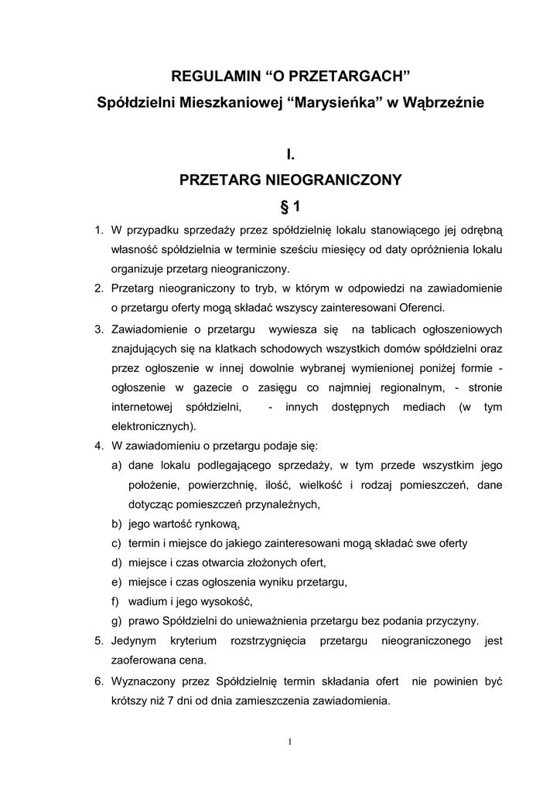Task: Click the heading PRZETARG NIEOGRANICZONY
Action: coord(290,180)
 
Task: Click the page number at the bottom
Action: coord(289,742)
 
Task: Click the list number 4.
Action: coord(98,446)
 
